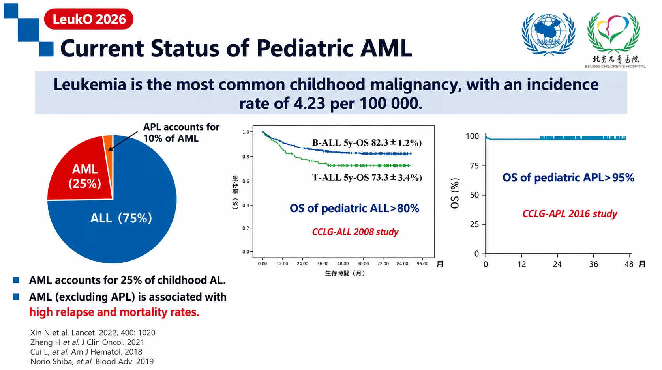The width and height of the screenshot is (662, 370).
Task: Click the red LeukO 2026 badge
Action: coord(89,19)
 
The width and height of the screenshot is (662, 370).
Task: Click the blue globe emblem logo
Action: coord(549,34)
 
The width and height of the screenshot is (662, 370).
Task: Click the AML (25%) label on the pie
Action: coord(85,176)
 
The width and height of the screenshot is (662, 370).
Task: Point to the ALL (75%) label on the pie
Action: coord(121,218)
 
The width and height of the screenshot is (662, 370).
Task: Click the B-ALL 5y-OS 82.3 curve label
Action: coord(367,143)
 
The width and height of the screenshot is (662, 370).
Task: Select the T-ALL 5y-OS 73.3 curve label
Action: coord(367,177)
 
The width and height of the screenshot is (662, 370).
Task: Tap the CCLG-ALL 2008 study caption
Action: coord(355,232)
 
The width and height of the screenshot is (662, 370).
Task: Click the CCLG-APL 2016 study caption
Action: coord(570,213)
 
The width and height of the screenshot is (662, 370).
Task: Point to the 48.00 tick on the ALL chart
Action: coord(343,264)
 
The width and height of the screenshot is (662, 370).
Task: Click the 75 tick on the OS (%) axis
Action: coord(474,166)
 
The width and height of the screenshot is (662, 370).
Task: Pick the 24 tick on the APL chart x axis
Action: coord(557,264)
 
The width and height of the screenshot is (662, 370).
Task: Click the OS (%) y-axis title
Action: coord(455,193)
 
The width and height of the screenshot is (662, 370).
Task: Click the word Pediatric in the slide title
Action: coord(304,48)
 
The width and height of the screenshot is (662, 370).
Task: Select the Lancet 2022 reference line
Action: coord(92,333)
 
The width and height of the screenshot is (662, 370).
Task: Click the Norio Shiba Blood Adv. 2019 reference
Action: coord(92,361)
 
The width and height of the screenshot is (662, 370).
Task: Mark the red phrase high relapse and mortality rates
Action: coord(114,312)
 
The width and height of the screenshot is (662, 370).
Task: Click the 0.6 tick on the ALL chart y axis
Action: coord(246,181)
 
